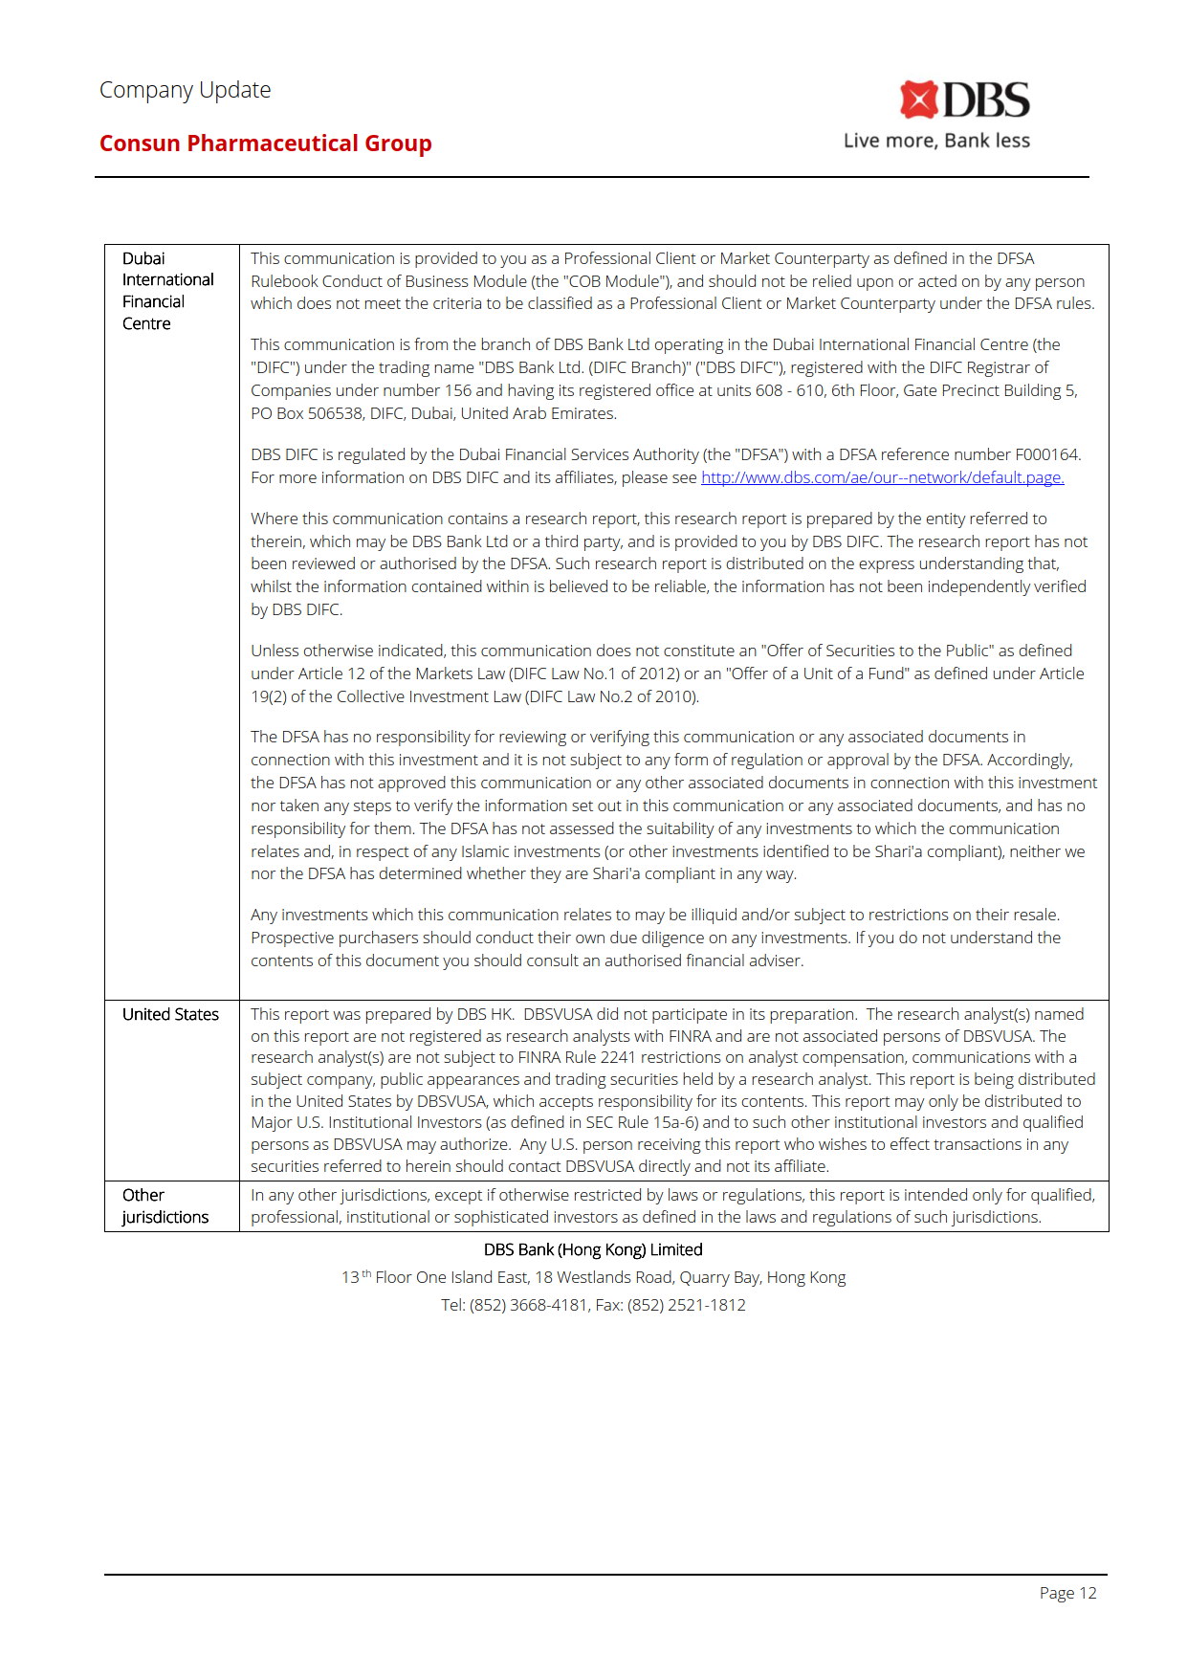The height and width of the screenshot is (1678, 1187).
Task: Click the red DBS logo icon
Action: (x=918, y=99)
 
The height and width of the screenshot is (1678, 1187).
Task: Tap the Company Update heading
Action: (x=186, y=90)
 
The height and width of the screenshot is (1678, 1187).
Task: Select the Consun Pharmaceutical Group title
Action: (x=266, y=144)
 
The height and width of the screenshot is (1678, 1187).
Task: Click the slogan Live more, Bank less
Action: (x=936, y=141)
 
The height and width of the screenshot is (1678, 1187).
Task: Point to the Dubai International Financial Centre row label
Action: (x=168, y=291)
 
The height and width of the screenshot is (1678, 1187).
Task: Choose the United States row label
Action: (x=170, y=1014)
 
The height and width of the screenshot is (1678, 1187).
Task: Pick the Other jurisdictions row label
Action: (x=165, y=1206)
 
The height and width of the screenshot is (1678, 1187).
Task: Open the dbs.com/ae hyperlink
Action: (x=882, y=477)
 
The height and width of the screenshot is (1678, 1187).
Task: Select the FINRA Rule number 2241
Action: (x=618, y=1057)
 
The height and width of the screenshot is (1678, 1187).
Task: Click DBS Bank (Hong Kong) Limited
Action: (x=593, y=1249)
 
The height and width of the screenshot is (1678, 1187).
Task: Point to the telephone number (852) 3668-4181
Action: (x=528, y=1305)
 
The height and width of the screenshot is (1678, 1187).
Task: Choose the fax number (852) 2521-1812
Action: (x=686, y=1305)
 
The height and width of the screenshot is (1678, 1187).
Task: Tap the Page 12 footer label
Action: (x=1067, y=1593)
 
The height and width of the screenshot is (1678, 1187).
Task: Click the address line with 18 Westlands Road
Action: (x=593, y=1277)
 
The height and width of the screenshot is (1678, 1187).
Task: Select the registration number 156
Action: (x=458, y=390)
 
